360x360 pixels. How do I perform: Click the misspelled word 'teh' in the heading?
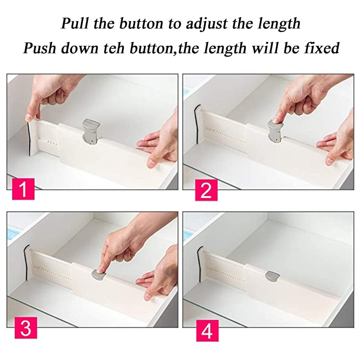[x=121, y=47]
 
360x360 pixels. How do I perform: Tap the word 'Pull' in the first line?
[x=75, y=23]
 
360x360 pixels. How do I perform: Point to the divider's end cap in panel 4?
[x=200, y=261]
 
